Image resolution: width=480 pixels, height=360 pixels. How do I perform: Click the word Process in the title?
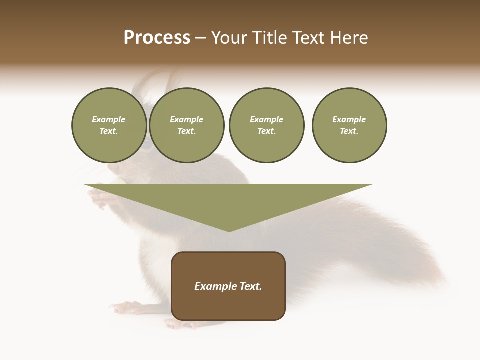(157, 38)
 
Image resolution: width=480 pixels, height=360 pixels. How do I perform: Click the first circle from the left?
(109, 125)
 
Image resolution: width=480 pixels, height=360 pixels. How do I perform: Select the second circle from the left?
(186, 125)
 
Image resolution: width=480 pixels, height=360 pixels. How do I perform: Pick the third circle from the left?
(266, 125)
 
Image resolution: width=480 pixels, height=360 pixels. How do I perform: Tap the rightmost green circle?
(349, 125)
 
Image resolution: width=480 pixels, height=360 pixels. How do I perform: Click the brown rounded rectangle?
(228, 286)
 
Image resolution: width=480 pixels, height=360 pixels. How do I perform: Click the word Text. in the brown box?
(250, 286)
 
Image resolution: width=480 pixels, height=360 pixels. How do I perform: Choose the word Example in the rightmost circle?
(349, 119)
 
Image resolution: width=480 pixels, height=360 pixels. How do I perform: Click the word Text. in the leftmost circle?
(109, 131)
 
